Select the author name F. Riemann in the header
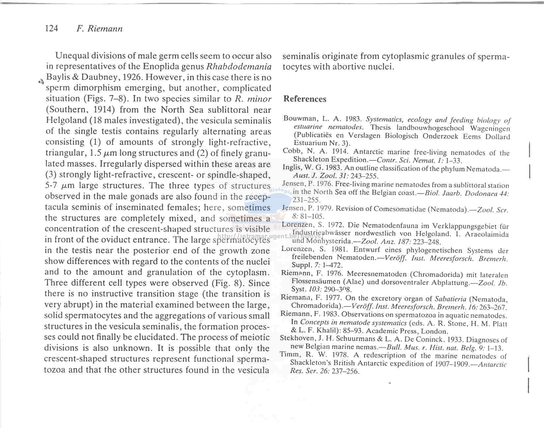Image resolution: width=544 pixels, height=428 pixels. (99, 29)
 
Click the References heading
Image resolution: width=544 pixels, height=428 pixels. (305, 99)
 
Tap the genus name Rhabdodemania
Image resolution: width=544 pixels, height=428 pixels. (239, 66)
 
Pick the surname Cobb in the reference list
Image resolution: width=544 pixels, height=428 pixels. (291, 151)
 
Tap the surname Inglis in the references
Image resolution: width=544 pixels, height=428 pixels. (291, 168)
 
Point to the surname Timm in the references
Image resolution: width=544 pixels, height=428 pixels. (289, 355)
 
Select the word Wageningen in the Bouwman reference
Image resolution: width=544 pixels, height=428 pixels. (490, 128)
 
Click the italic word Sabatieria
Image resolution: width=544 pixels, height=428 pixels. (450, 299)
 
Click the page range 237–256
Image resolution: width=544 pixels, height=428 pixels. (346, 371)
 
